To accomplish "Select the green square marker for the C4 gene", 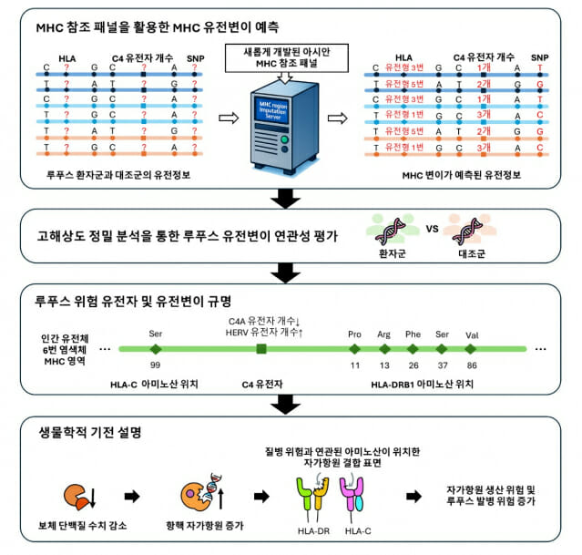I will click(x=261, y=348).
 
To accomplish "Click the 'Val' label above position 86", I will click(x=473, y=334).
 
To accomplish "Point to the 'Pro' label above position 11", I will click(x=355, y=334).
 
